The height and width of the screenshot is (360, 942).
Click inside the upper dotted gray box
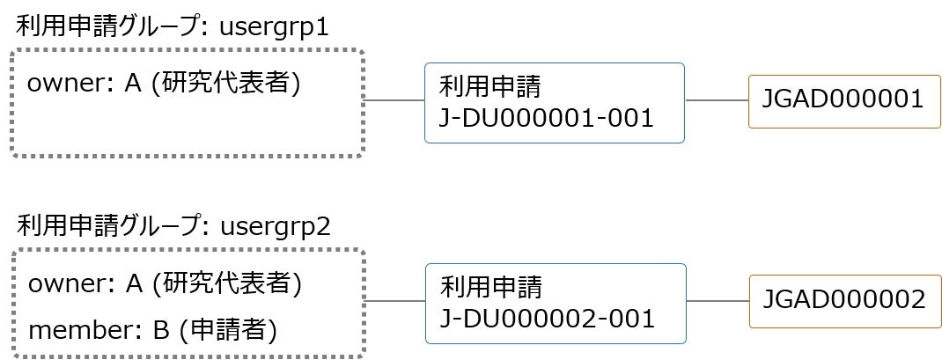[188, 103]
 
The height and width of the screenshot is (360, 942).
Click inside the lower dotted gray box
[188, 303]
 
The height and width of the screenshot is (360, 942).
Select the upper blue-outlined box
[555, 102]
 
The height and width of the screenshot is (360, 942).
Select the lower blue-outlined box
[556, 303]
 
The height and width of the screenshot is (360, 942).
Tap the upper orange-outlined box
[844, 101]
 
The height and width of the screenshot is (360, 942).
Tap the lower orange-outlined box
[845, 301]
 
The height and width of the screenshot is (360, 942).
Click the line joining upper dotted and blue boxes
[394, 100]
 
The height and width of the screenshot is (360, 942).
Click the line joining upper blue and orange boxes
[717, 100]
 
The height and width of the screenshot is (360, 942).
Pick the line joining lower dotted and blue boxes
[395, 301]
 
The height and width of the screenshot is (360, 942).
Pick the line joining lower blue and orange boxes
[718, 301]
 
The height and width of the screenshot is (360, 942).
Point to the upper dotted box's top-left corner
[13, 51]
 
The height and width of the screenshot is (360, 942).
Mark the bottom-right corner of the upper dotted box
[362, 155]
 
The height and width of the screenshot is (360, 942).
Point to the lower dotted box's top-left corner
[14, 251]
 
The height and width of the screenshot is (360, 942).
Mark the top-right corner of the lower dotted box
[363, 251]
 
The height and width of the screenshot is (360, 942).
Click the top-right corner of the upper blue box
[683, 64]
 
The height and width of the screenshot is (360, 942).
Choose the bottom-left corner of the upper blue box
[426, 141]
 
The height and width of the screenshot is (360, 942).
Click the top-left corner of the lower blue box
[427, 265]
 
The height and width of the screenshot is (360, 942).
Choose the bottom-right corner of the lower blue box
[684, 342]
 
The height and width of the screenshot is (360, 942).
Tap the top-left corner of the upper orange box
[750, 77]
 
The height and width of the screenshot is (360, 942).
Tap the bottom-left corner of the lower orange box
[751, 327]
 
